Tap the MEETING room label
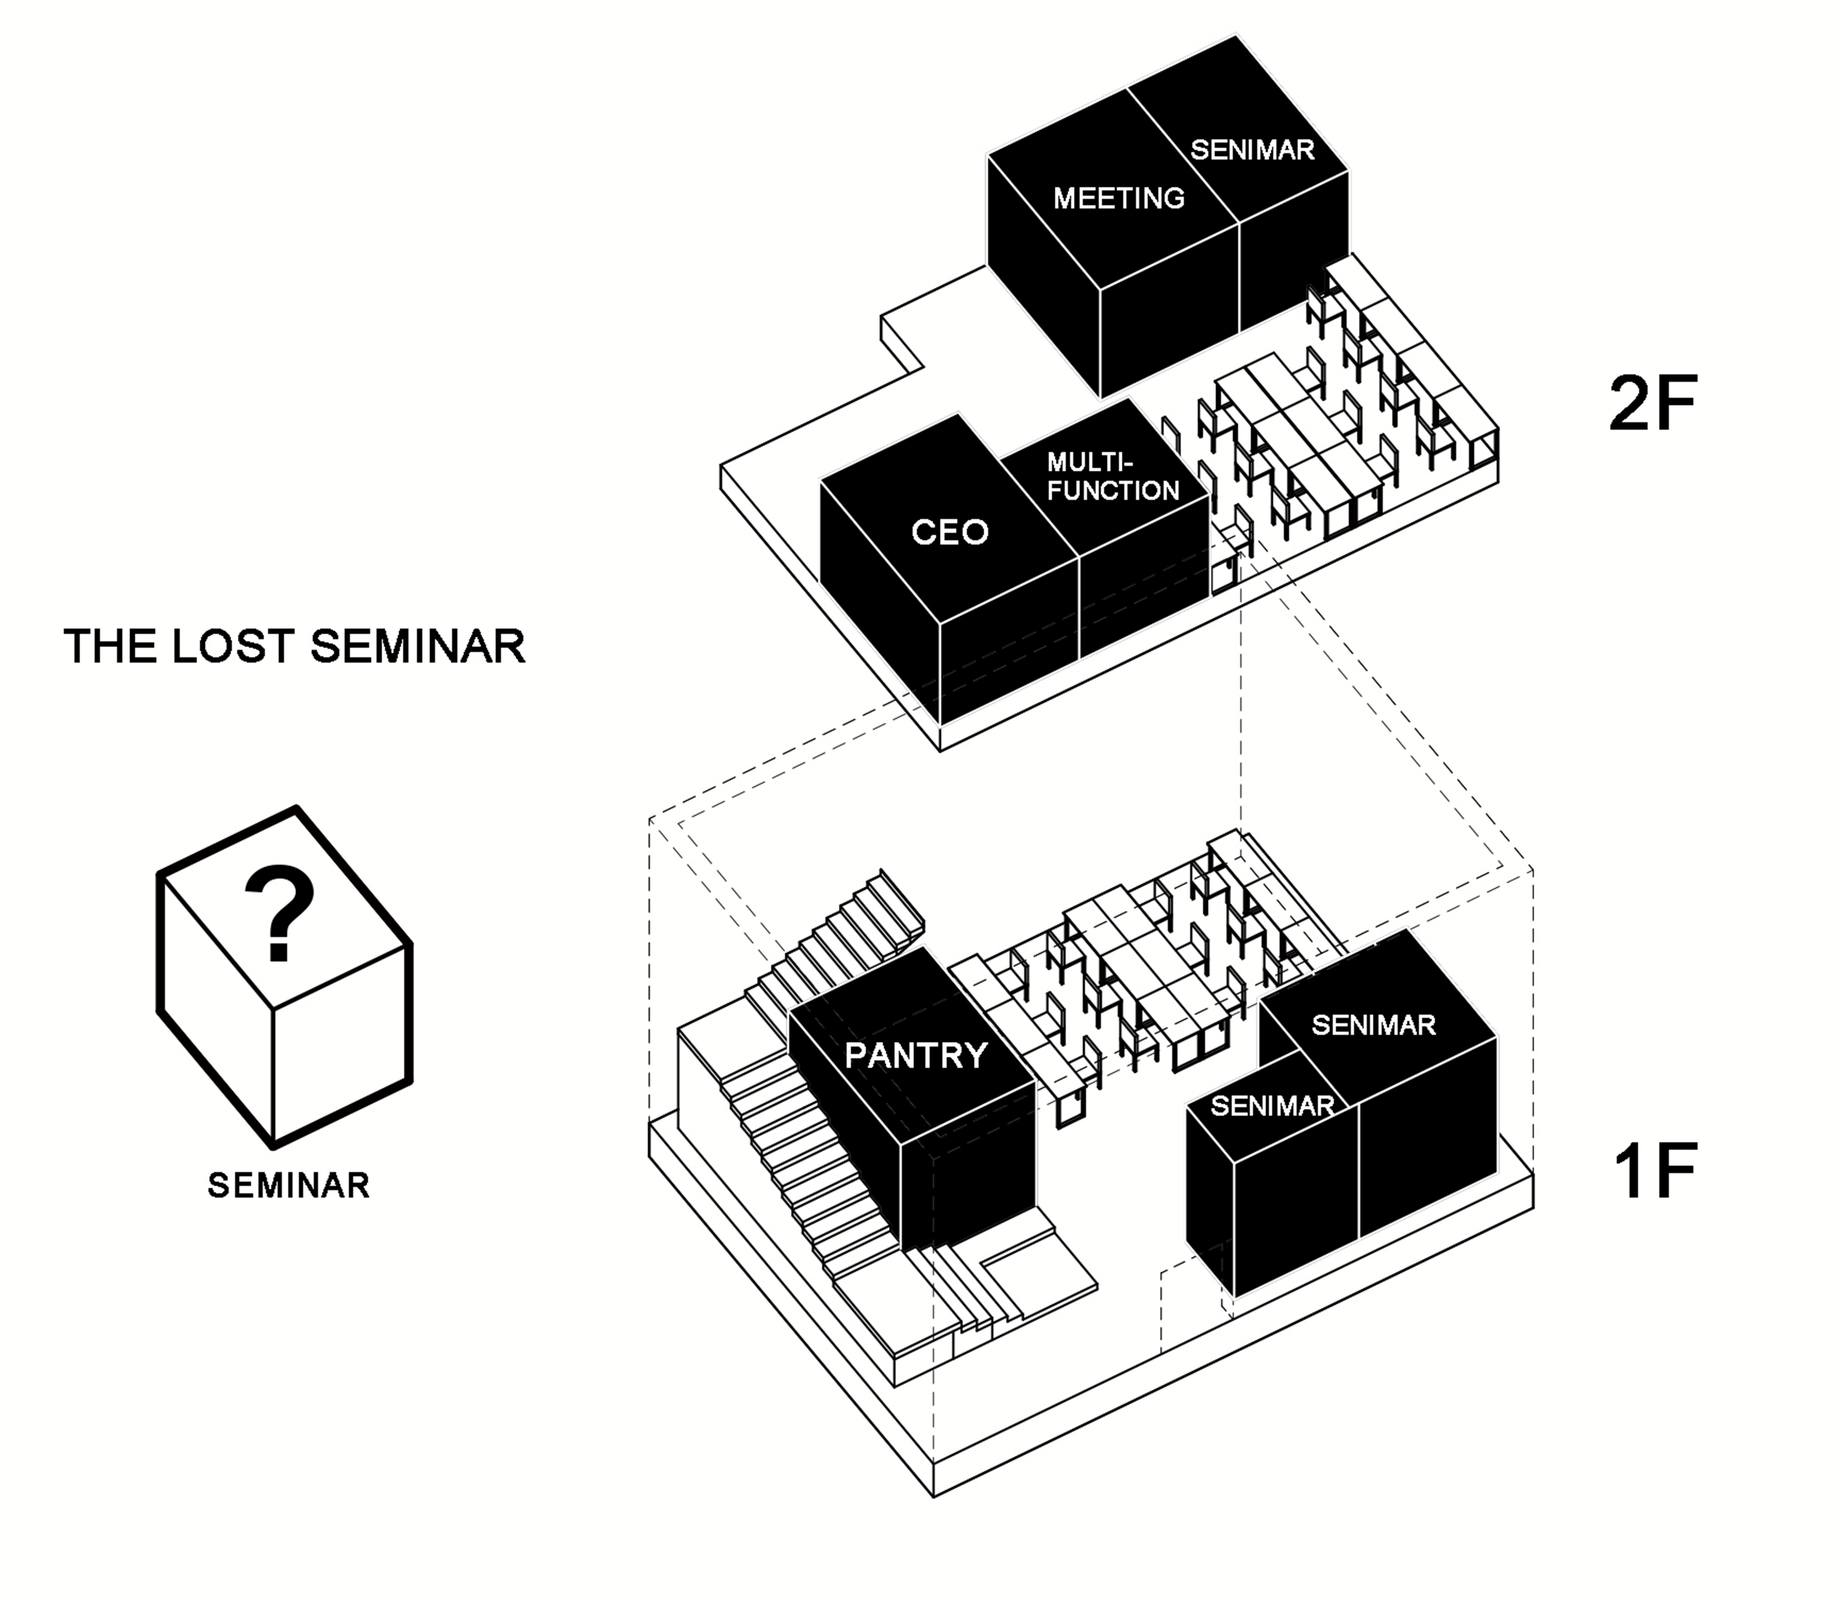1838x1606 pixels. (x=1118, y=198)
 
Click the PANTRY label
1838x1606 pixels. (x=916, y=1056)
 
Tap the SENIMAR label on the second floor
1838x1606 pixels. (x=1252, y=150)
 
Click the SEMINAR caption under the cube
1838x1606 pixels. (x=289, y=1186)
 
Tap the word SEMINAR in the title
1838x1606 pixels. (x=417, y=646)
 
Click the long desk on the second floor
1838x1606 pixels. (x=1291, y=421)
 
